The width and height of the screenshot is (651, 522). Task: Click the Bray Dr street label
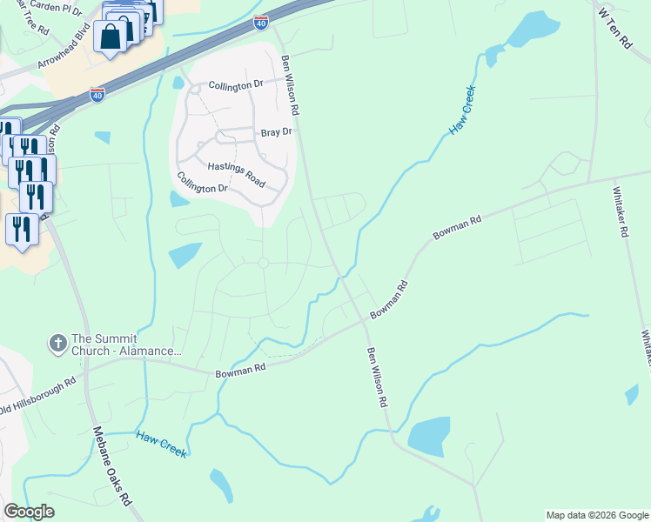click(275, 132)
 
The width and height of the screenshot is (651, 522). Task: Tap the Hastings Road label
click(235, 171)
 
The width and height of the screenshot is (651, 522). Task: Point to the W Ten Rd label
click(614, 28)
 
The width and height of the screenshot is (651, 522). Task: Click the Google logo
click(29, 512)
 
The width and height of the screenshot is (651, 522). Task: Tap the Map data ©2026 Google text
click(597, 515)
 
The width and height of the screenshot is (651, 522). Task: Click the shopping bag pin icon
click(111, 37)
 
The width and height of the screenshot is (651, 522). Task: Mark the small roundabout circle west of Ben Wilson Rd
click(263, 263)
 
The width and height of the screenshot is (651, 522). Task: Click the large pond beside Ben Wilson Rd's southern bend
click(428, 436)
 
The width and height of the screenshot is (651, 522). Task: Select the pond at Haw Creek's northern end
click(531, 31)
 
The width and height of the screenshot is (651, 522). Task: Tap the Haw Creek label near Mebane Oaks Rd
click(161, 443)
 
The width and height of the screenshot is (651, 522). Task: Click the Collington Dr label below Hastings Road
click(202, 181)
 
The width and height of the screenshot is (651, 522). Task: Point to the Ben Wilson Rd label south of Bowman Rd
click(376, 378)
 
